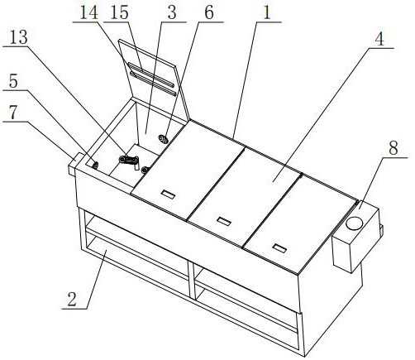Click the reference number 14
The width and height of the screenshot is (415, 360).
pos(89,13)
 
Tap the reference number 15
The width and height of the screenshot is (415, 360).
pos(119,13)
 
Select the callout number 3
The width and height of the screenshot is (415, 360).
pos(172,13)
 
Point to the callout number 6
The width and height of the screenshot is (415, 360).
pos(208,13)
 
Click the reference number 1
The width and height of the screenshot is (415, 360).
pos(267,13)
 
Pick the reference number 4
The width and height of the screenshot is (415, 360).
pos(379,40)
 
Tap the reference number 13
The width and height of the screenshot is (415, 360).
pos(18,37)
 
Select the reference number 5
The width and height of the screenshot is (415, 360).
pos(13,81)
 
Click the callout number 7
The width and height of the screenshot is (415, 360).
pos(13,113)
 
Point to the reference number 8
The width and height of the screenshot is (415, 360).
pos(394,147)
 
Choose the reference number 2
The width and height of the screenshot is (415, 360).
pos(72,299)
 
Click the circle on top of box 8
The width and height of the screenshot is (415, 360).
pos(355,223)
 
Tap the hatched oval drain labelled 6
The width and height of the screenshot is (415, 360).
pos(163,139)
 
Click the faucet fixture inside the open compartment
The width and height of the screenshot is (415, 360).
pos(129,161)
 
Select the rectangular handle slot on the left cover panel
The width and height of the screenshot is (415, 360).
pos(168,194)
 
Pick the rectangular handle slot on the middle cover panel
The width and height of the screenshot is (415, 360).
pos(224,221)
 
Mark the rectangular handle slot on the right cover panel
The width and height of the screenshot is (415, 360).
pos(279,248)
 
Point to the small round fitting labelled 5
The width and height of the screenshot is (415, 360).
pos(95,166)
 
